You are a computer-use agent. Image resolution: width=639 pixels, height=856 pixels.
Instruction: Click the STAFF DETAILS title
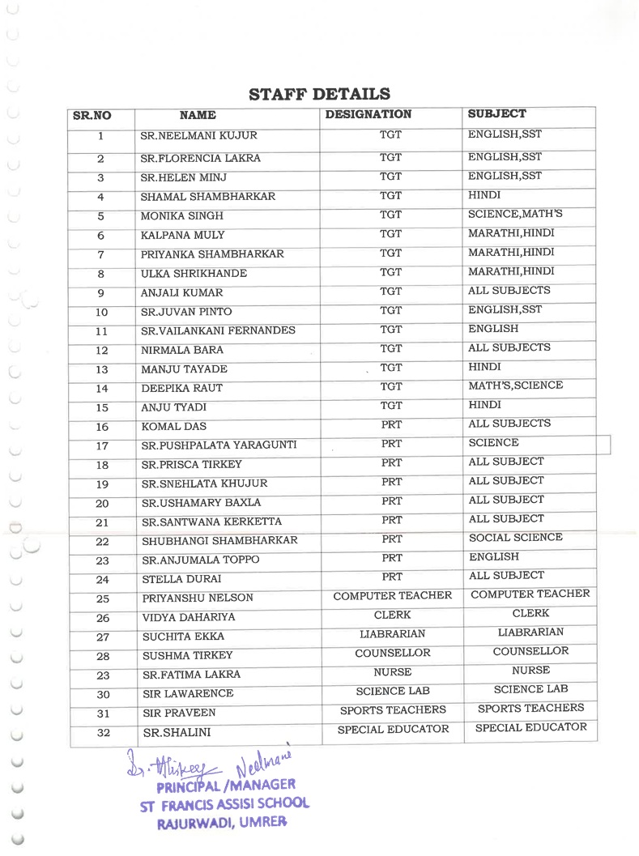319,95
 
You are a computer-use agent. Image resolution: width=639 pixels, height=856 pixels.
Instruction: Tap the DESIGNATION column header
368,115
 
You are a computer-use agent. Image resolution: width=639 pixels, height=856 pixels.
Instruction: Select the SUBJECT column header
496,114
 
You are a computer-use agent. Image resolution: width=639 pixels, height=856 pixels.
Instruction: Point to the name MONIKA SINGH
170,216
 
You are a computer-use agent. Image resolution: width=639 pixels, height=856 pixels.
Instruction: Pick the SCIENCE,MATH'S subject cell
515,215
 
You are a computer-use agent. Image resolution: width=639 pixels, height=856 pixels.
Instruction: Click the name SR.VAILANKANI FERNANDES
218,331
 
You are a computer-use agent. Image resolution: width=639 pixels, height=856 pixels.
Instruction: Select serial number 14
102,389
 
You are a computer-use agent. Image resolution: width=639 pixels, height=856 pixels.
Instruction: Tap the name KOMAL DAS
173,427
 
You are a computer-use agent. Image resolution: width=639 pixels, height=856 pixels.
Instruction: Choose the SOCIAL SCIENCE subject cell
515,538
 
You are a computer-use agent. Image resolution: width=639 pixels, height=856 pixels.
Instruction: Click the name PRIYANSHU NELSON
198,598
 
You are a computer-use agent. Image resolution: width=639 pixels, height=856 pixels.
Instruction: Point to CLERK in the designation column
392,615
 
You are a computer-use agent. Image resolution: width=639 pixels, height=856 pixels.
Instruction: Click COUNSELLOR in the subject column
530,651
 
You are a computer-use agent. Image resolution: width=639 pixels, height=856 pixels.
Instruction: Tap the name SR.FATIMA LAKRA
191,675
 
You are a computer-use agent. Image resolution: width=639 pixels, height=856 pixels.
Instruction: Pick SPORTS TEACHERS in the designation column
393,710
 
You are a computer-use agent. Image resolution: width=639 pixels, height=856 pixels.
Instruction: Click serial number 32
103,734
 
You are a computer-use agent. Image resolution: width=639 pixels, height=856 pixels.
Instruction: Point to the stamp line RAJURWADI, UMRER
220,822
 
